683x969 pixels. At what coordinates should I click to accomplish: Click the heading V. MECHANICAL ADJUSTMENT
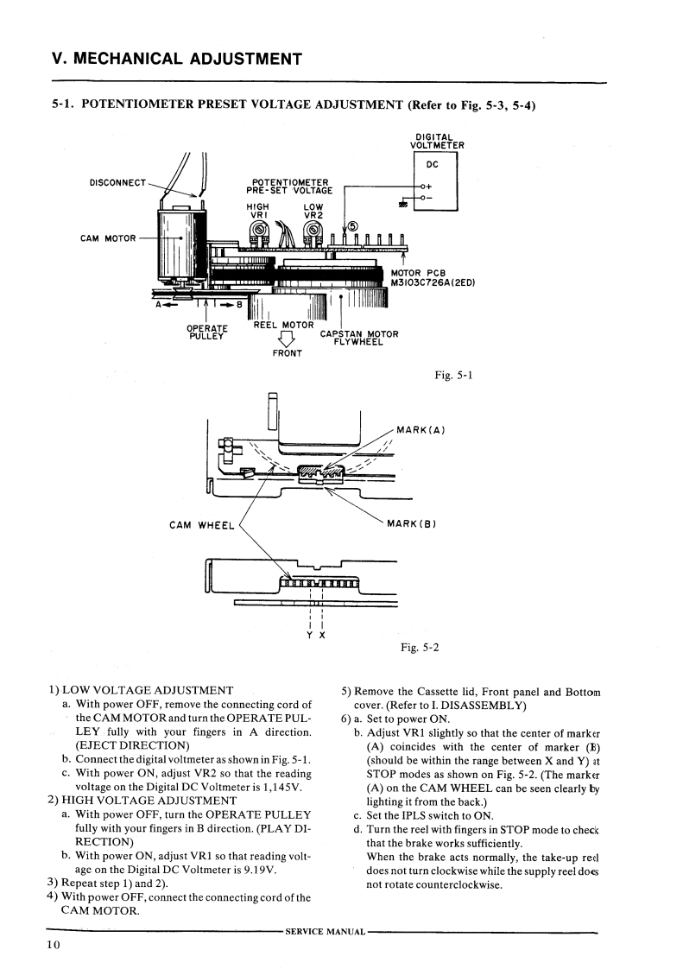(x=177, y=60)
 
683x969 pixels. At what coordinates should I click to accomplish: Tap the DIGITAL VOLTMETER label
(x=436, y=142)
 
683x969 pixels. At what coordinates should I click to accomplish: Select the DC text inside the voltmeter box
(x=433, y=164)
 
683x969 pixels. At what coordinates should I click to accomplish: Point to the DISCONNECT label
(x=118, y=183)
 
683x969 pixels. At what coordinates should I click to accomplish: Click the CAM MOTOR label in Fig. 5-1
(x=108, y=238)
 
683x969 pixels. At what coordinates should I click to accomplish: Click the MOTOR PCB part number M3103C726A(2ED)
(x=433, y=283)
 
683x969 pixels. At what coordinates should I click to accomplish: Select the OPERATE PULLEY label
(x=207, y=332)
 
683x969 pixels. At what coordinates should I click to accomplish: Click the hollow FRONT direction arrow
(x=287, y=339)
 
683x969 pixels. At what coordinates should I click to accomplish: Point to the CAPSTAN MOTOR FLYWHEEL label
(x=359, y=338)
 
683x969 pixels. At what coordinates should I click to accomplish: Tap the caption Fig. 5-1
(x=453, y=375)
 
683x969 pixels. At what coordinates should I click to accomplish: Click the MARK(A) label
(x=421, y=430)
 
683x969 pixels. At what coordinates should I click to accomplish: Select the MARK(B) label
(x=412, y=524)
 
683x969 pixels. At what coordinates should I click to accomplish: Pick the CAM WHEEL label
(x=202, y=525)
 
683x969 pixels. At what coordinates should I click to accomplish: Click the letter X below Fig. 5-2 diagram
(x=322, y=635)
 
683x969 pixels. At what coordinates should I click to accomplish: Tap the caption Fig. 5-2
(x=420, y=648)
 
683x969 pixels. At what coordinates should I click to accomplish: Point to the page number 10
(x=54, y=945)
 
